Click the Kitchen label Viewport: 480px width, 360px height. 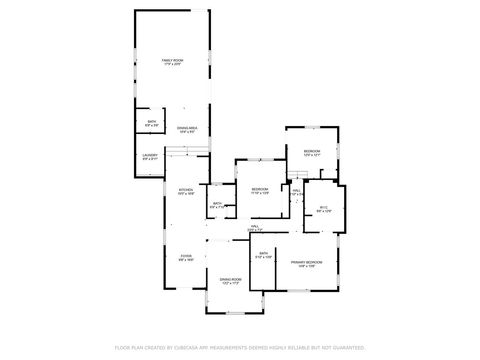185,190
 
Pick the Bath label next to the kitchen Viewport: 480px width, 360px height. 217,204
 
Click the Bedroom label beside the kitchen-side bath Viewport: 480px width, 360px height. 260,188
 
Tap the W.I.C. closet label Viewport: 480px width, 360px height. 323,207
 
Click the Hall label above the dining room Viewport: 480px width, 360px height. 253,229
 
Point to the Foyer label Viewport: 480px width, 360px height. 185,256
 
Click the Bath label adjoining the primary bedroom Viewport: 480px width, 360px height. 262,254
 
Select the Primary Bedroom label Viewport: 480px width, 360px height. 304,262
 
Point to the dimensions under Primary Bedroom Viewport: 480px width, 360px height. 304,267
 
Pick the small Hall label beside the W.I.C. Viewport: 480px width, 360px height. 297,189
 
